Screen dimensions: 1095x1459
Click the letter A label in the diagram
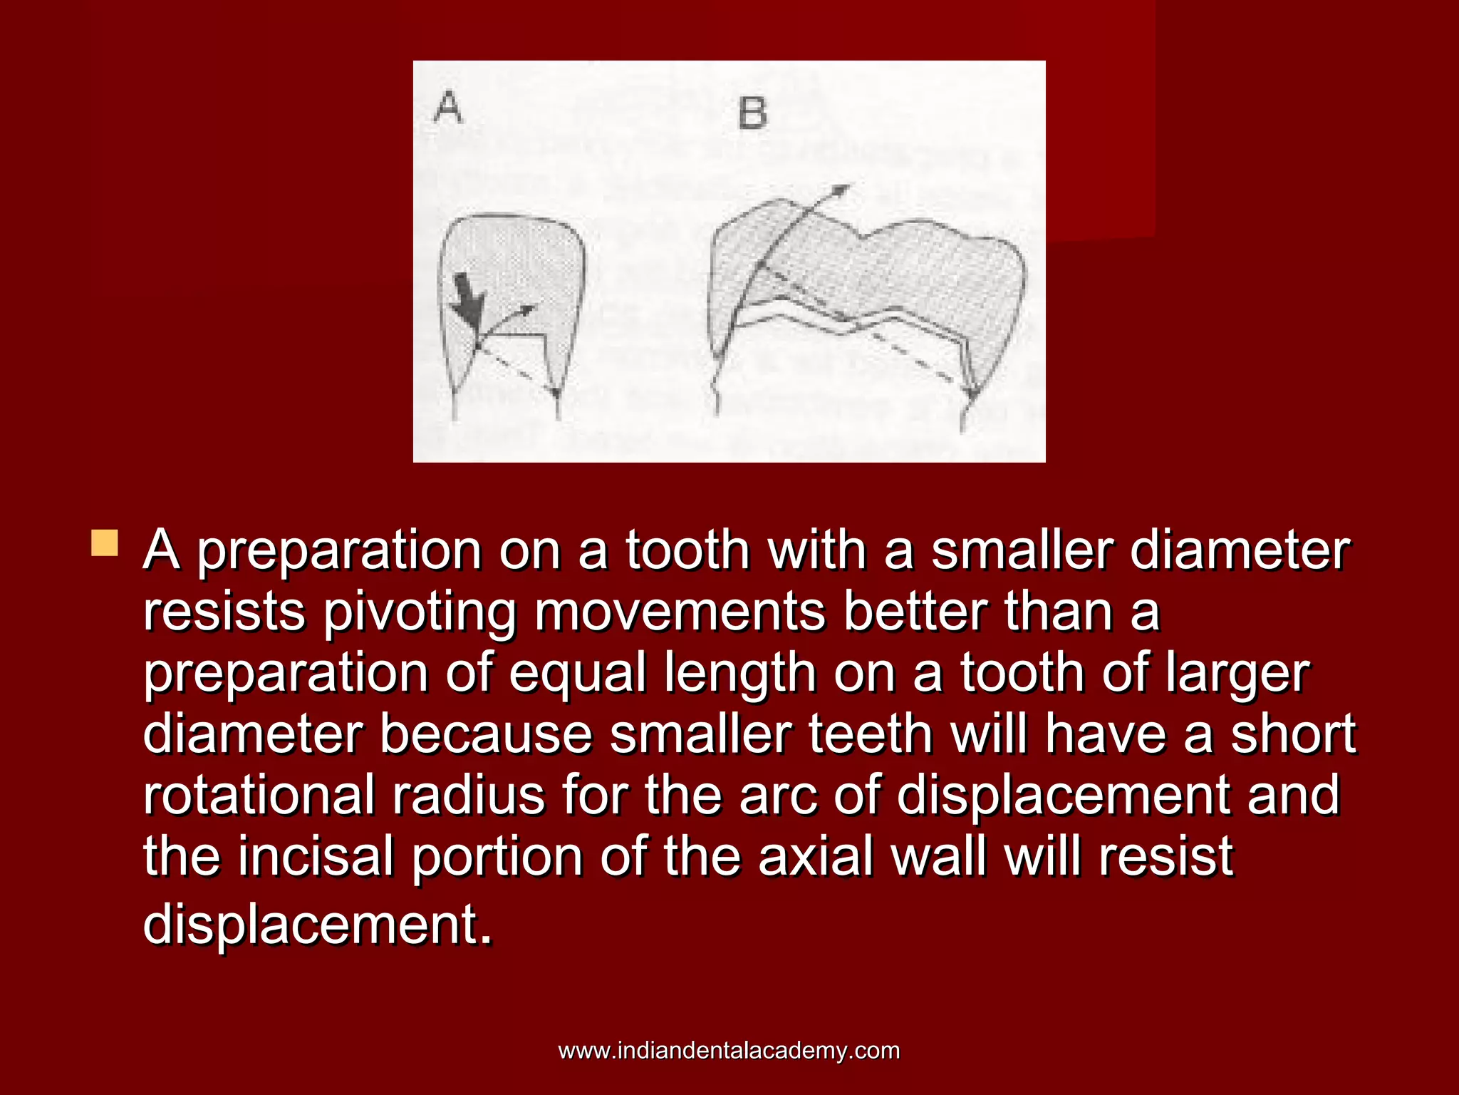pyautogui.click(x=449, y=109)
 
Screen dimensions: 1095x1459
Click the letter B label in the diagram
pyautogui.click(x=752, y=114)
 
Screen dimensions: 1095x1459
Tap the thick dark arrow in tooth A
pyautogui.click(x=467, y=299)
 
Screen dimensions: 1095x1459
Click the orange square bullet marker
pyautogui.click(x=105, y=543)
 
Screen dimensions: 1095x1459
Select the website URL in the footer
pyautogui.click(x=729, y=1050)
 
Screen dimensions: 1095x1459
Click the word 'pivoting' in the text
pyautogui.click(x=419, y=612)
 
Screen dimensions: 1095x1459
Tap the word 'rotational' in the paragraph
pyautogui.click(x=259, y=795)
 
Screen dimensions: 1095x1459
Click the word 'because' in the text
pyautogui.click(x=486, y=734)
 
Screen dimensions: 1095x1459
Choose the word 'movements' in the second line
pyautogui.click(x=680, y=612)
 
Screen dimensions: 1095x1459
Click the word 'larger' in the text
pyautogui.click(x=1237, y=673)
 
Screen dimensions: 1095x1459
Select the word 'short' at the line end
pyautogui.click(x=1293, y=734)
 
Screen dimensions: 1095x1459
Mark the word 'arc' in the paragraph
pyautogui.click(x=777, y=795)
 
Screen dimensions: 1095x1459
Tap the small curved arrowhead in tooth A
pyautogui.click(x=527, y=309)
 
